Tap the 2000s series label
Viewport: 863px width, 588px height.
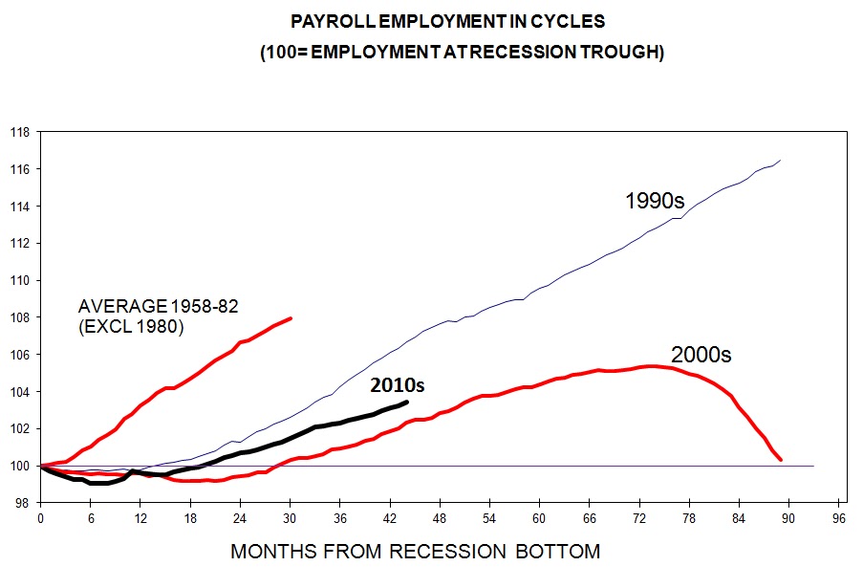tap(701, 355)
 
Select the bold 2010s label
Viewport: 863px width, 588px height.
tap(398, 385)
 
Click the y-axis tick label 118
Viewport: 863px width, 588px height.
tap(20, 132)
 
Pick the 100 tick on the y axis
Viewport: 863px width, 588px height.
tap(20, 467)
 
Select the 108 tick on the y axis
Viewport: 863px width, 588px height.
tap(20, 317)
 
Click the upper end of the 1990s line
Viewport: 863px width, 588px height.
tap(782, 160)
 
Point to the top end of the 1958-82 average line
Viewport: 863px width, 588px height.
tap(291, 318)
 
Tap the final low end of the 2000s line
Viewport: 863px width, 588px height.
tap(781, 460)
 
